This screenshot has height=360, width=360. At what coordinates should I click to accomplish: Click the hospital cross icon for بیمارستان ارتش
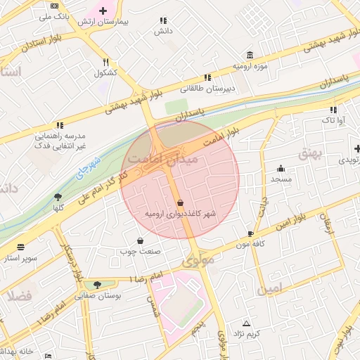click(x=103, y=11)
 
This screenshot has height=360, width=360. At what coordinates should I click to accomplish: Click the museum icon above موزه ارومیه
click(x=250, y=56)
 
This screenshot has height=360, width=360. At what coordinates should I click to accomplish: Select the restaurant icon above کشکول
click(x=105, y=62)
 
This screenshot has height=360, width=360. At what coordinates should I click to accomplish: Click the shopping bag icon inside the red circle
click(x=181, y=202)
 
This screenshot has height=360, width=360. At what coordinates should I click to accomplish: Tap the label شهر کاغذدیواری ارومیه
click(x=181, y=213)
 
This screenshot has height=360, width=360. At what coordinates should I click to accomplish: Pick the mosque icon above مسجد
click(x=281, y=168)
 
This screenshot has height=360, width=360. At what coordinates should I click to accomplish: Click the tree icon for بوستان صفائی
click(x=97, y=285)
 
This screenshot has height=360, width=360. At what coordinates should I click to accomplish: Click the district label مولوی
click(x=198, y=262)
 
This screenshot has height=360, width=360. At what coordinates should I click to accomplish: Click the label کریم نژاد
click(x=247, y=333)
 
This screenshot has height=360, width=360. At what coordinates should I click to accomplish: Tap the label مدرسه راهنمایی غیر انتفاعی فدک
click(x=60, y=140)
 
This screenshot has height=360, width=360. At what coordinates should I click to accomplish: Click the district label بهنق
click(x=309, y=154)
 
